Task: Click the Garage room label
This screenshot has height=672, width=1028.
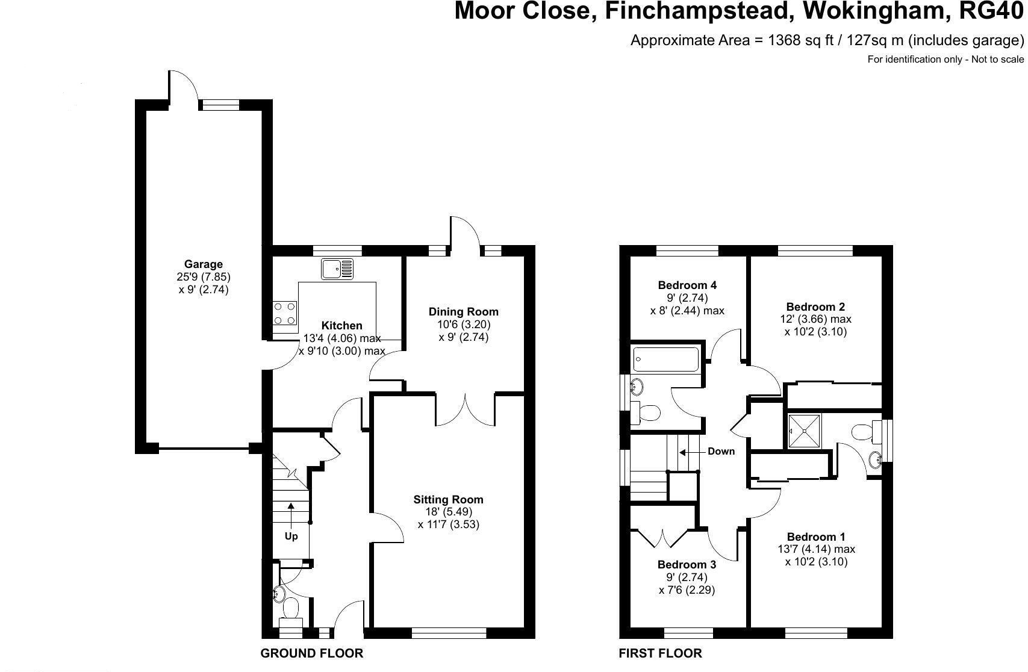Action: click(x=203, y=264)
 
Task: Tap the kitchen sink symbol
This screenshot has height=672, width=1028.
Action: click(x=337, y=269)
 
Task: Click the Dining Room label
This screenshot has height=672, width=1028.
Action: click(x=463, y=311)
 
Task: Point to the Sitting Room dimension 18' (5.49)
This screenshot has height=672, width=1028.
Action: click(x=448, y=512)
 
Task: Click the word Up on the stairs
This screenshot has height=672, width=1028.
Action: click(x=291, y=536)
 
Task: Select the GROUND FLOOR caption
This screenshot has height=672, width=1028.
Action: click(x=311, y=653)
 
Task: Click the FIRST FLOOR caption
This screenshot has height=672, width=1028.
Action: click(x=660, y=653)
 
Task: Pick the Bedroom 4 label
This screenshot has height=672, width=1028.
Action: click(x=687, y=285)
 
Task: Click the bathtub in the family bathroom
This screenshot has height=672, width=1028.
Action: click(x=666, y=359)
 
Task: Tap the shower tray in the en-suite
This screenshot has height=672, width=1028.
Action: click(x=804, y=431)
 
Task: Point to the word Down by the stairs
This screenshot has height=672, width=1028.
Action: click(x=721, y=451)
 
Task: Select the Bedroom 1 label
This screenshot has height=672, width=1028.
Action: click(x=816, y=537)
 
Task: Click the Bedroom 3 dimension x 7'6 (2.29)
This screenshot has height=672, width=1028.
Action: click(x=687, y=590)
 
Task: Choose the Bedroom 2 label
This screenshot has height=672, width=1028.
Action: click(x=815, y=306)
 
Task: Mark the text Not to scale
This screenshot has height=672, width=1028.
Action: click(x=997, y=59)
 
